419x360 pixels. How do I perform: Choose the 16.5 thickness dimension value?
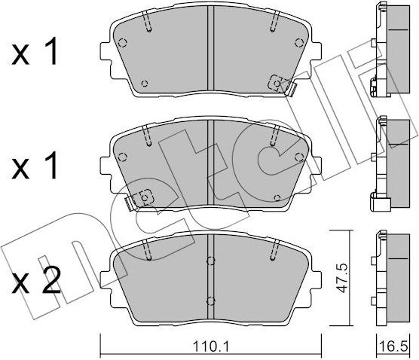pos(396,348)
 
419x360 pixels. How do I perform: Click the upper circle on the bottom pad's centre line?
pos(211,262)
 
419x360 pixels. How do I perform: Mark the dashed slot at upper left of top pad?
pos(148,24)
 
